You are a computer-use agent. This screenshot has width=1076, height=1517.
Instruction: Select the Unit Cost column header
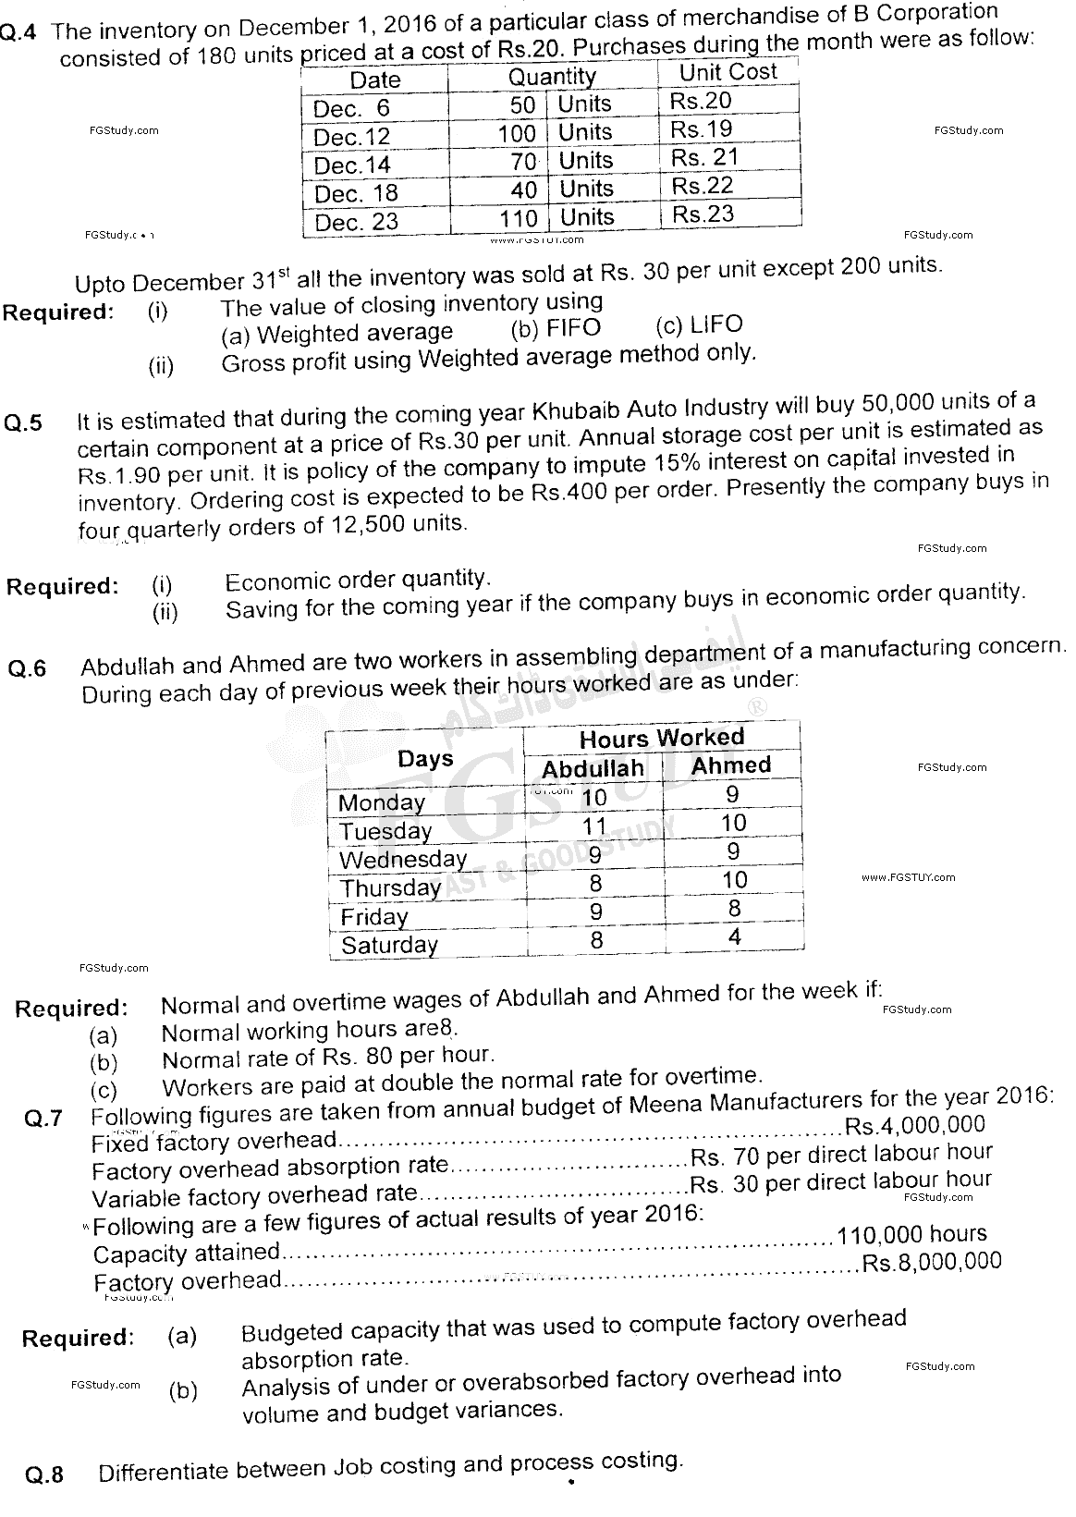[728, 72]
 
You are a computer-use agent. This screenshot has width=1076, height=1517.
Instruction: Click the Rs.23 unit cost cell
[703, 214]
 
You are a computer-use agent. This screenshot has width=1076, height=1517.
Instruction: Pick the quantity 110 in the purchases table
[518, 219]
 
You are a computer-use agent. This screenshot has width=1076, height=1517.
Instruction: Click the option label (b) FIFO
[556, 328]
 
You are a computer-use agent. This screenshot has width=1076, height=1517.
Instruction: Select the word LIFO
[715, 324]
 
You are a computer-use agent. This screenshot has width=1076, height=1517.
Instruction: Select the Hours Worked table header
[661, 738]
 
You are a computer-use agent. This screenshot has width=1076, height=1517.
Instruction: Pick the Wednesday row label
[403, 860]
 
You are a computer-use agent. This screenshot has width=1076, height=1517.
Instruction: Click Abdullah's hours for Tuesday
[594, 826]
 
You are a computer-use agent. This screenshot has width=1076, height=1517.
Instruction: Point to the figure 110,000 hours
[911, 1235]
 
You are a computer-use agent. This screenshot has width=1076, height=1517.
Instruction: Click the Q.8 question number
[43, 1474]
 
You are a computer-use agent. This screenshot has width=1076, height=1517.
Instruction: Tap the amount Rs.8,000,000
[931, 1263]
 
